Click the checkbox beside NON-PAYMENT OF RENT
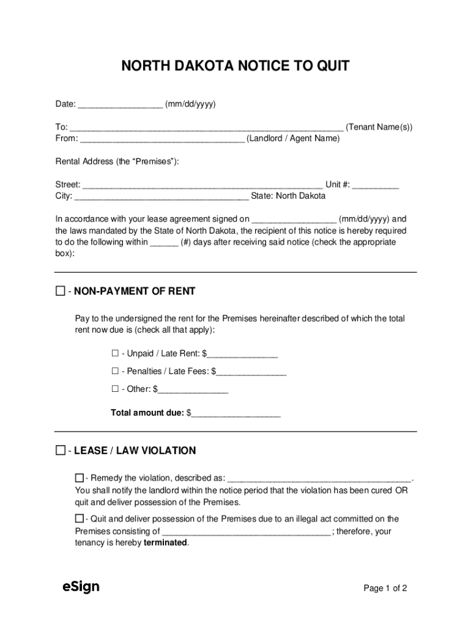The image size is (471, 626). [x=60, y=291]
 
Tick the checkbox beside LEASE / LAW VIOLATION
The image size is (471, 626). [x=60, y=451]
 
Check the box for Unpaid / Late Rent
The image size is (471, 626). [x=115, y=353]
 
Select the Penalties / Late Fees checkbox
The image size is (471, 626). [x=115, y=371]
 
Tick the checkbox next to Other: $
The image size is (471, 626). [x=115, y=389]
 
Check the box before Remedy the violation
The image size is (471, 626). [x=80, y=477]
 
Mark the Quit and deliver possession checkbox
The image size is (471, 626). [x=80, y=519]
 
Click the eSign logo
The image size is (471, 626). [x=81, y=587]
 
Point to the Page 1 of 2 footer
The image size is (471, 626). [x=385, y=588]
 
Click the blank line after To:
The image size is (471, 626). [x=206, y=127]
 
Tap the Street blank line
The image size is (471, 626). [x=202, y=185]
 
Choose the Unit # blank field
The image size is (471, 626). [x=376, y=185]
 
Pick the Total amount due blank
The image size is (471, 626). [x=236, y=413]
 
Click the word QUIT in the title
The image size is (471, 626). [x=332, y=66]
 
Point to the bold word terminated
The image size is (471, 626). [x=166, y=543]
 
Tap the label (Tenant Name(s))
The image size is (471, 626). [x=379, y=127]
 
